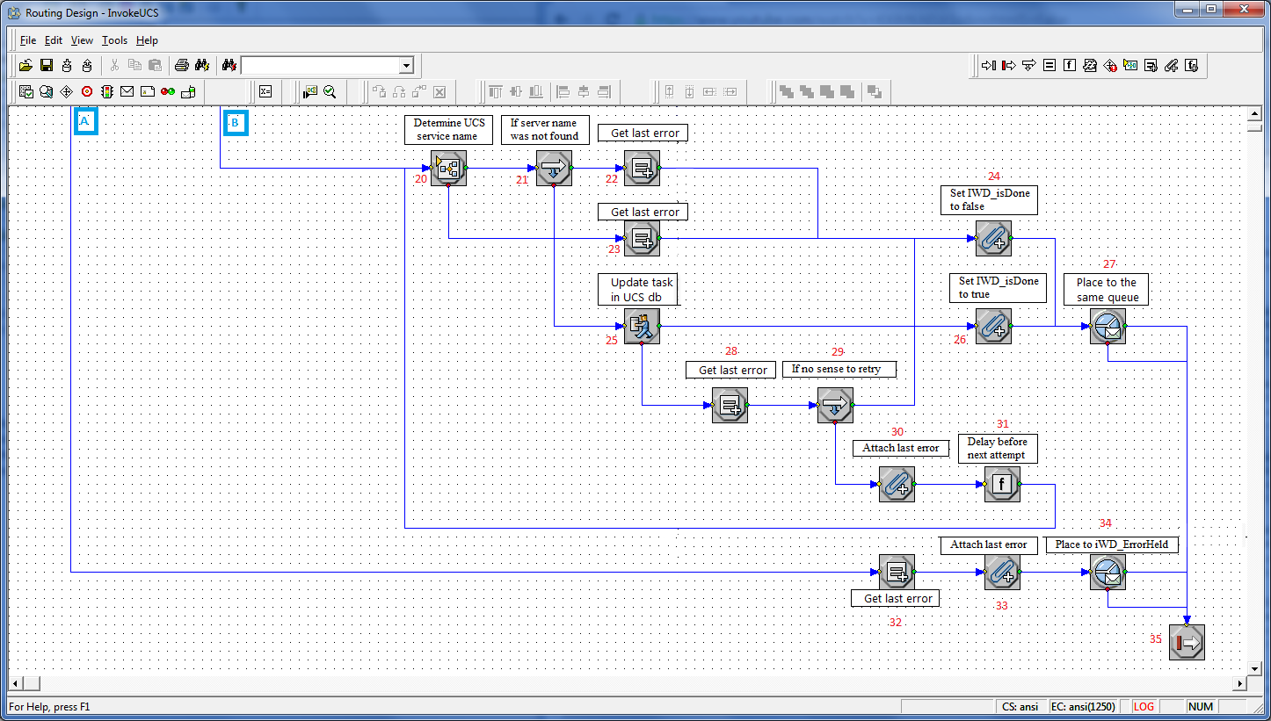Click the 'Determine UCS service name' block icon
(x=448, y=168)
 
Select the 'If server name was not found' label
(x=545, y=129)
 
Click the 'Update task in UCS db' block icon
(x=642, y=326)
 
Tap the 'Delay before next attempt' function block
(x=1002, y=484)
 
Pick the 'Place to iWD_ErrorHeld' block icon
(x=1108, y=572)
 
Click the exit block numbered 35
(x=1187, y=642)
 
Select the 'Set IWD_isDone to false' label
(x=989, y=199)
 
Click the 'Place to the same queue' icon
(x=1108, y=326)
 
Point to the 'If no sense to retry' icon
(x=835, y=405)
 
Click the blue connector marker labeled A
(x=85, y=121)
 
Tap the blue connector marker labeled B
(x=236, y=122)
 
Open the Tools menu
(x=114, y=40)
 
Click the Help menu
(x=147, y=40)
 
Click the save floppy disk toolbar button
(x=47, y=65)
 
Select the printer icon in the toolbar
(x=182, y=65)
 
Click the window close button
(x=1244, y=9)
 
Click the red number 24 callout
(x=993, y=177)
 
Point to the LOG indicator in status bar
(x=1144, y=707)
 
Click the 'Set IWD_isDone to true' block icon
(x=993, y=326)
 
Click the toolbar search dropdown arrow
(x=406, y=66)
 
